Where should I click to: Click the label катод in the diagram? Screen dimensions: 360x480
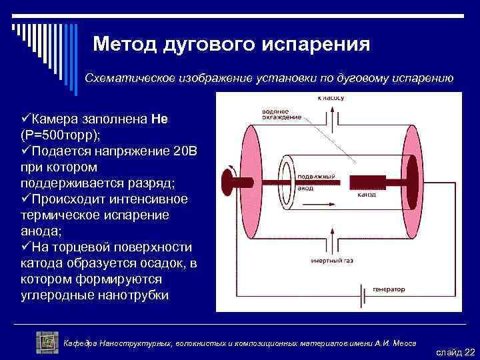coord(366,195)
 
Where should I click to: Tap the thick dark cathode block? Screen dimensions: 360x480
coord(373,181)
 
